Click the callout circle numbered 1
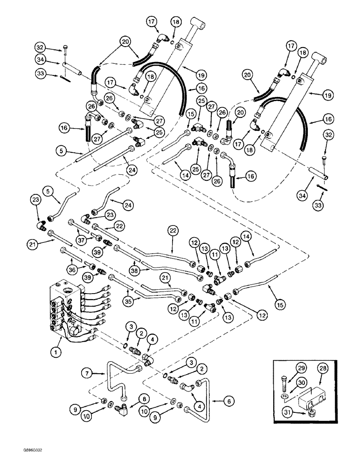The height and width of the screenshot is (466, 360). click(x=56, y=354)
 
